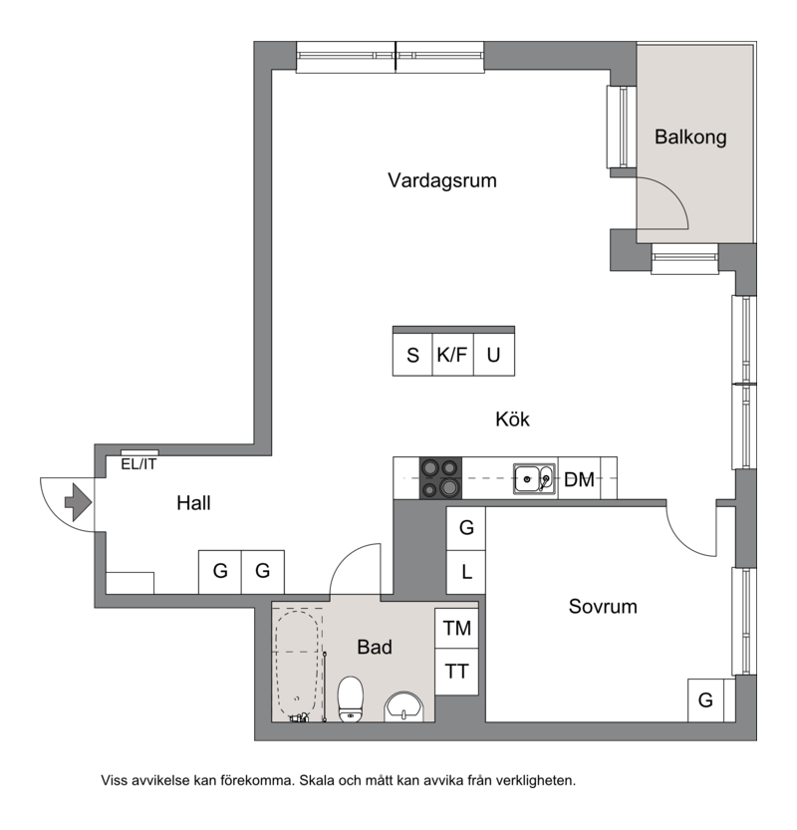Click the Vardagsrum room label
pos(442,180)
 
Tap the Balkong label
pos(690,138)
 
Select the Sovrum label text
pos(603,607)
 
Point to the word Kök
pos(512,419)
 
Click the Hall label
pos(193,503)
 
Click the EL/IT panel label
pos(138,464)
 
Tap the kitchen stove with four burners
pos(440,478)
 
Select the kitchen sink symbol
pos(535,479)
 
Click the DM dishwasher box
pos(579,478)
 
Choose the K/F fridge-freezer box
pos(452,355)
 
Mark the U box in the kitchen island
pos(494,355)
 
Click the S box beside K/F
pos(412,355)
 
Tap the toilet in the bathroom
pos(351,698)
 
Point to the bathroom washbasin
pos(403,707)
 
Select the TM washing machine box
pos(456,629)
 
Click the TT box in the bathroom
pos(456,672)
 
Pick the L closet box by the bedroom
pos(466,572)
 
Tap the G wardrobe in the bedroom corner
pos(706,700)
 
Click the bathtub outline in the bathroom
pos(297,665)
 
